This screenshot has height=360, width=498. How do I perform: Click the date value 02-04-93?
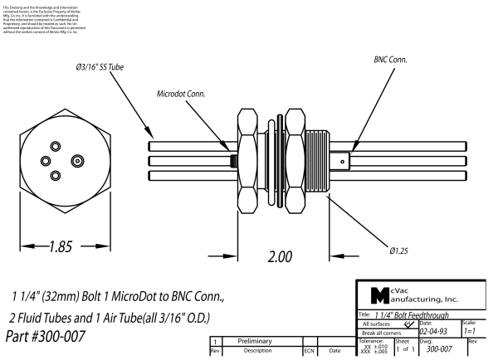[438, 329]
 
